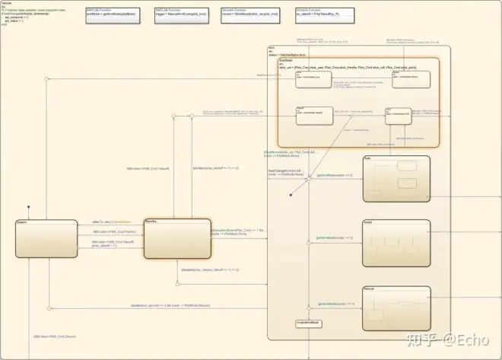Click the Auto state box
click(x=396, y=178)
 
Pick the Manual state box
click(x=396, y=307)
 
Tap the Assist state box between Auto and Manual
click(x=396, y=242)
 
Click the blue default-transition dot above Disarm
click(x=30, y=205)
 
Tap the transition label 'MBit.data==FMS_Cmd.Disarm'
click(x=55, y=336)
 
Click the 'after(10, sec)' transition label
click(x=107, y=221)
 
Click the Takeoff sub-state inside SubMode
click(x=313, y=115)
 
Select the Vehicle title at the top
click(x=8, y=3)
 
